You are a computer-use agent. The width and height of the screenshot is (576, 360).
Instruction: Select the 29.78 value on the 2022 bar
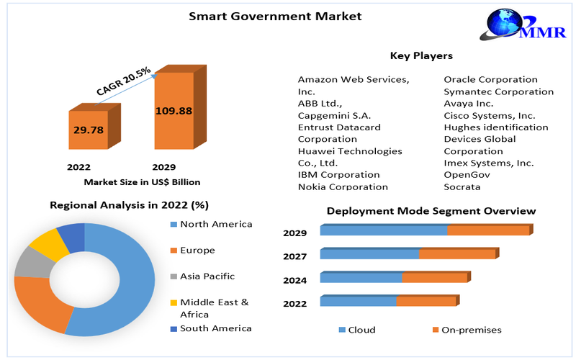click(89, 130)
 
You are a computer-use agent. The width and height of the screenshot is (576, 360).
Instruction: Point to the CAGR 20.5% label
click(123, 81)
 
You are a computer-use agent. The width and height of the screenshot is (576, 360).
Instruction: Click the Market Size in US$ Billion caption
click(142, 182)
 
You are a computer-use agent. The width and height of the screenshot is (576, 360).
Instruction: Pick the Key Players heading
click(421, 55)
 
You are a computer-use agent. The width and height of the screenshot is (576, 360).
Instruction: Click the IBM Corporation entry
click(338, 175)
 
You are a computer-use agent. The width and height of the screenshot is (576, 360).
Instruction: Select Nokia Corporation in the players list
click(343, 187)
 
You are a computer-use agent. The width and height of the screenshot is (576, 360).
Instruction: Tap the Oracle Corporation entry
click(490, 80)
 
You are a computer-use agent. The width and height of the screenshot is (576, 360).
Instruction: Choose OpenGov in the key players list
click(467, 175)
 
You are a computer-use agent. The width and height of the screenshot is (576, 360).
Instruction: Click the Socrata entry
click(462, 187)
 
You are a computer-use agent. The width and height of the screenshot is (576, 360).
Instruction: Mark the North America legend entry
click(216, 224)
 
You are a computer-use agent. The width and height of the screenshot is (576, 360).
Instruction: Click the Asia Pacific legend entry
click(207, 276)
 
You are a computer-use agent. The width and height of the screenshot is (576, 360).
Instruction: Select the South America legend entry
click(215, 328)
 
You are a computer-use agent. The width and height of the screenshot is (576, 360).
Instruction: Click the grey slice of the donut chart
click(33, 262)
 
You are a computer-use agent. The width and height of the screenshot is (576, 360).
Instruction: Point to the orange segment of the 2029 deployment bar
click(488, 230)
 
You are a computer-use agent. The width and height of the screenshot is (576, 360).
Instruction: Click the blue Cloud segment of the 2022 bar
click(358, 301)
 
